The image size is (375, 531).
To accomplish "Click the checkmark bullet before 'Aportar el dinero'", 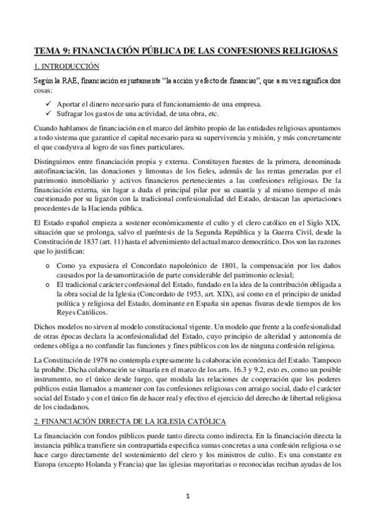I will tap(49, 103).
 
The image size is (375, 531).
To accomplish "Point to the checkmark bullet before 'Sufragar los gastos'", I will tap(49, 114).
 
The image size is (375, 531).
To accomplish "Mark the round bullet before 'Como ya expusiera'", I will tap(49, 258).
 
